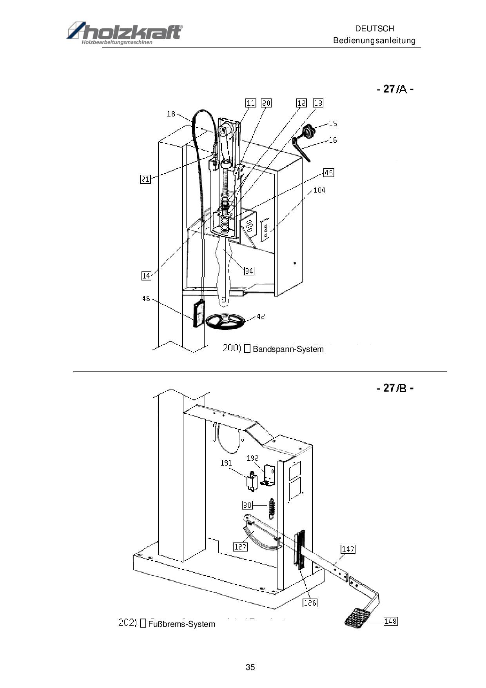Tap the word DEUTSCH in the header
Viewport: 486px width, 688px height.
(x=374, y=29)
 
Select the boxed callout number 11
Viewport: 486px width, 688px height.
(x=250, y=103)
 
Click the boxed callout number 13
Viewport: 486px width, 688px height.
(x=318, y=103)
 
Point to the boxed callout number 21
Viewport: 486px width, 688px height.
(x=145, y=180)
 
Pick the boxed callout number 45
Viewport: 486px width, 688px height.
(x=328, y=173)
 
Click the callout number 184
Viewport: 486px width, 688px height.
(x=319, y=190)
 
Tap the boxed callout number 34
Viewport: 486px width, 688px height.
(x=249, y=271)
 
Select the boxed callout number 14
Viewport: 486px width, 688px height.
(x=146, y=276)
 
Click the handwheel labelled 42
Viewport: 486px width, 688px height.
(x=225, y=321)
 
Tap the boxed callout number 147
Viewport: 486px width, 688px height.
(x=348, y=549)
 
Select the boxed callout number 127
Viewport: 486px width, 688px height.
(x=240, y=546)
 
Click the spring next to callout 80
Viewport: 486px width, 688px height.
(x=271, y=508)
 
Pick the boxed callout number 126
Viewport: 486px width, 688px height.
(x=310, y=602)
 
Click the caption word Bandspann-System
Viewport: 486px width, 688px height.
(x=288, y=349)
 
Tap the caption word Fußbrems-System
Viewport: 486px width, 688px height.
(x=181, y=624)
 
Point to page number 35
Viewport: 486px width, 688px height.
(x=250, y=667)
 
